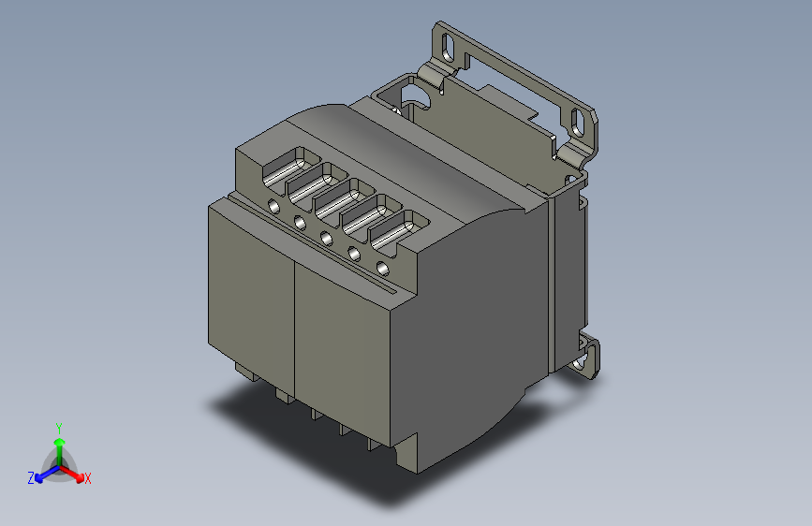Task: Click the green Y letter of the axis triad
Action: click(x=59, y=429)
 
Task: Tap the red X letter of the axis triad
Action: click(x=88, y=479)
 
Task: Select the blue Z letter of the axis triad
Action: click(x=31, y=478)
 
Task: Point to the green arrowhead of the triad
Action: click(x=60, y=442)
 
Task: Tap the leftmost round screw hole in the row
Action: click(x=273, y=207)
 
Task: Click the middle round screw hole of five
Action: click(x=326, y=238)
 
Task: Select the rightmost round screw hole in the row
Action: click(x=382, y=269)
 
